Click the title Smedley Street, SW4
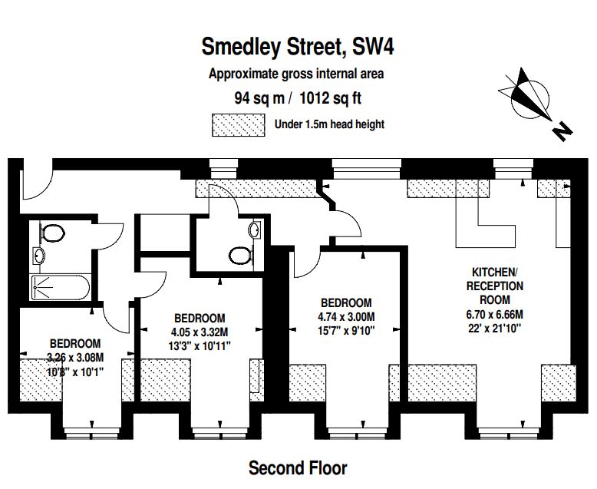coord(298,47)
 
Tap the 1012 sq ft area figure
coord(330,98)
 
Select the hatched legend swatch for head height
coord(239,125)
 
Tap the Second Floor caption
coord(298,468)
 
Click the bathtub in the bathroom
coord(61,288)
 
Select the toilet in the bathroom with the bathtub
coord(51,233)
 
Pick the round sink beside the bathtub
coord(38,255)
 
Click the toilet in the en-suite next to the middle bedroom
coord(242,255)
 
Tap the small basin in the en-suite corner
coord(255,230)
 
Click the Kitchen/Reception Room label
coord(495,286)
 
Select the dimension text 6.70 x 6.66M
coord(495,315)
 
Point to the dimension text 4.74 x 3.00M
coord(347,316)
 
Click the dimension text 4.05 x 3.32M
coord(200,332)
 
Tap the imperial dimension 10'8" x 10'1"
coord(75,372)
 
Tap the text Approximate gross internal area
coord(296,74)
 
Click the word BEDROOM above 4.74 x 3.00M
coord(347,302)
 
